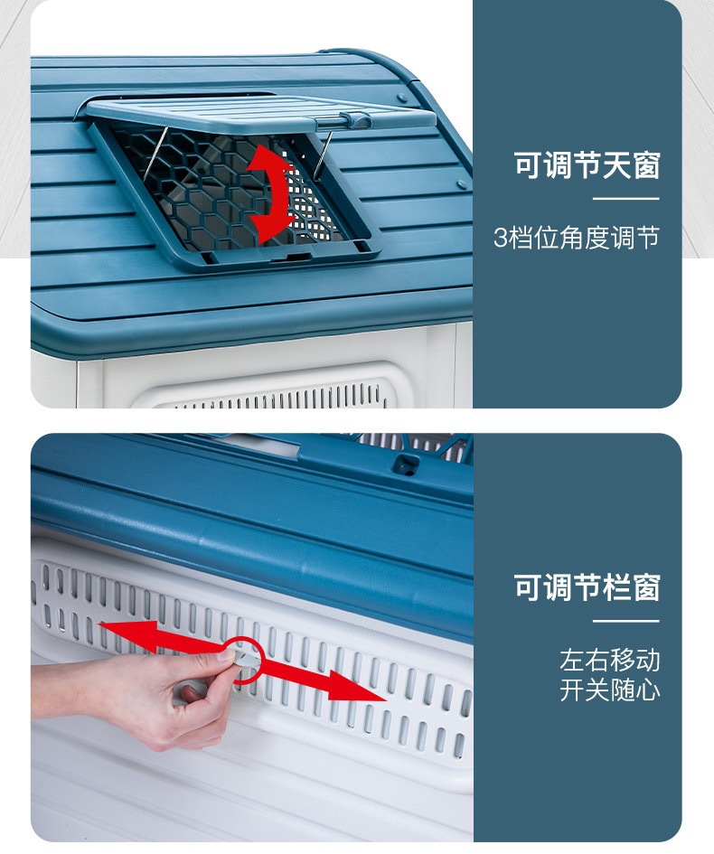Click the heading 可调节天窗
pos(587,165)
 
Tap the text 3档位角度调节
pos(577,238)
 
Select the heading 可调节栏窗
pos(587,587)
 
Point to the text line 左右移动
pos(610,660)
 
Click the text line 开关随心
pos(610,690)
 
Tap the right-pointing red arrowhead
pos(357,686)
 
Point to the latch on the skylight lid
pos(355,119)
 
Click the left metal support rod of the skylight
pos(155,155)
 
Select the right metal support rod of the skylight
pos(324,155)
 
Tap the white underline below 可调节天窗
pos(625,199)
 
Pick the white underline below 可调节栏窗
pos(625,620)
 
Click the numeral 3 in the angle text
pos(501,238)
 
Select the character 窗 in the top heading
pos(646,165)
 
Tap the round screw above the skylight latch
pos(402,99)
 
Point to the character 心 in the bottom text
pos(648,690)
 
